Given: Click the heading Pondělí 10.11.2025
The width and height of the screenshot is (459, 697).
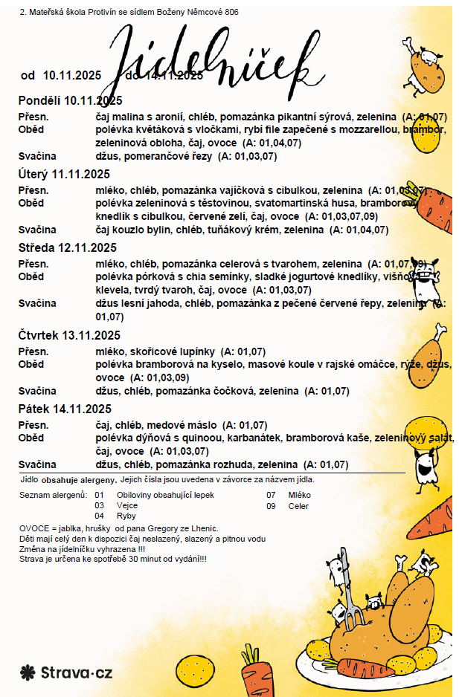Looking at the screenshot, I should pos(70,100).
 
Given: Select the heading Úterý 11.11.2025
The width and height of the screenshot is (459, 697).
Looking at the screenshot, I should pos(64,175).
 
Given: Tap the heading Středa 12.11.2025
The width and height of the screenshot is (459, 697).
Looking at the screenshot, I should pos(67,247).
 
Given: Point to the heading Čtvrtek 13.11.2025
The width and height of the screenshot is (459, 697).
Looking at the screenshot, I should pos(69,335).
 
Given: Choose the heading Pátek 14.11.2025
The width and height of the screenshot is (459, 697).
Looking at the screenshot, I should pos(65,409).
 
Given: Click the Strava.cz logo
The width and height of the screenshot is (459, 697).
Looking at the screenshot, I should pos(66,673).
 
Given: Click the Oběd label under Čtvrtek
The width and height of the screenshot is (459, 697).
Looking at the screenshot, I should pos(31,364).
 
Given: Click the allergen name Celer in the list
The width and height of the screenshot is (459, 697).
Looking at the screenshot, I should pos(298,506).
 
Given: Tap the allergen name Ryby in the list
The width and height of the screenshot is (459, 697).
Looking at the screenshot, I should pos(126,516).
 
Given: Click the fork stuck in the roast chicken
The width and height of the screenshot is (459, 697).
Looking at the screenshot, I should pos(347,602).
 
